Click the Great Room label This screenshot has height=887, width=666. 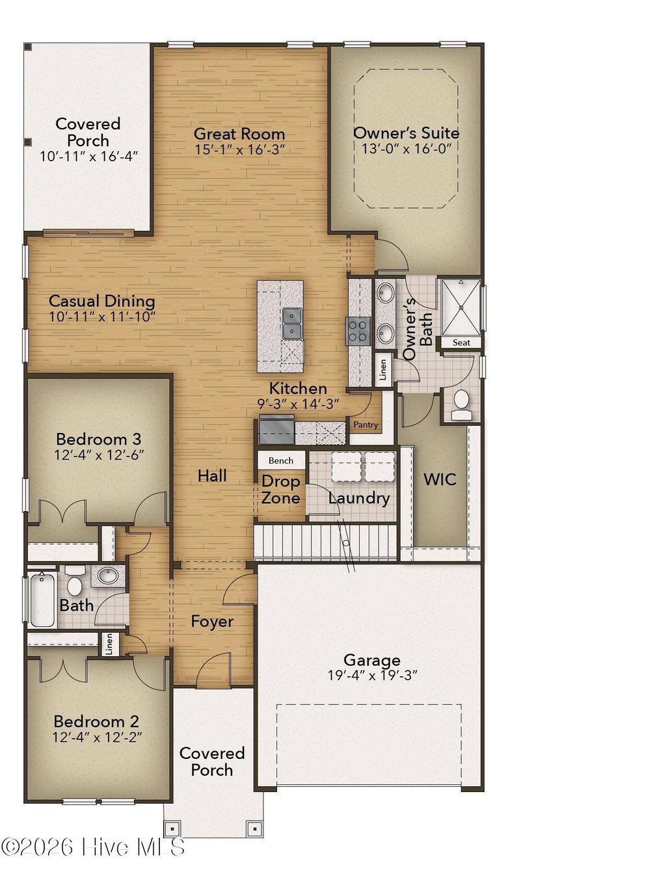pyautogui.click(x=239, y=134)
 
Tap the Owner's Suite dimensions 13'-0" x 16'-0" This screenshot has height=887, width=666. pyautogui.click(x=406, y=149)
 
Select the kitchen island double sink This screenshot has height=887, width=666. pyautogui.click(x=293, y=323)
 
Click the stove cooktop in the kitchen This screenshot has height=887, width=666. pyautogui.click(x=358, y=330)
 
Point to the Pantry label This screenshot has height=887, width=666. pyautogui.click(x=366, y=425)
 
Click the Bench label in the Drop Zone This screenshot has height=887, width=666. pyautogui.click(x=281, y=460)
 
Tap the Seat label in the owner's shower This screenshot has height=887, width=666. pyautogui.click(x=461, y=343)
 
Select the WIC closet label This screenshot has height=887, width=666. pyautogui.click(x=440, y=480)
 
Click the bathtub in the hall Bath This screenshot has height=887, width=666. pyautogui.click(x=42, y=599)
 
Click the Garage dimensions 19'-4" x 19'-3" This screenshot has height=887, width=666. pyautogui.click(x=372, y=676)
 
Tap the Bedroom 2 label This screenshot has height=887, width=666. pyautogui.click(x=96, y=721)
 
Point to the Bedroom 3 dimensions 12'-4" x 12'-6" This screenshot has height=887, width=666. pyautogui.click(x=98, y=455)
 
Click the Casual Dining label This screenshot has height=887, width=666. pyautogui.click(x=102, y=301)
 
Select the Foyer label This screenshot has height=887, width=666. pyautogui.click(x=212, y=622)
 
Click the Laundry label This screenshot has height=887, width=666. pyautogui.click(x=358, y=498)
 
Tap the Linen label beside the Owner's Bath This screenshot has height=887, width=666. pyautogui.click(x=383, y=369)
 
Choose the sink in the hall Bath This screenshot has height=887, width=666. pyautogui.click(x=107, y=576)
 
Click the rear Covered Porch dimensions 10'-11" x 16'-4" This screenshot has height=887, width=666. pyautogui.click(x=88, y=157)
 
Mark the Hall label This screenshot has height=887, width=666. pyautogui.click(x=212, y=476)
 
